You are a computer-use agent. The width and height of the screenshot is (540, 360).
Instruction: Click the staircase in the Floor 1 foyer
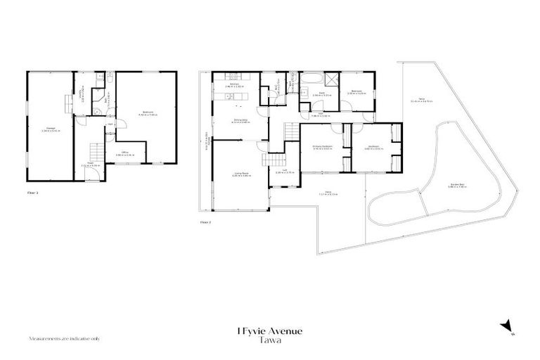pos(93,150)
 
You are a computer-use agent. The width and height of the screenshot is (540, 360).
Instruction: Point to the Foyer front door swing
pos(90,173)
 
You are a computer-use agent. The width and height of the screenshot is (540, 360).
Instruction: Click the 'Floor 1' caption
pos(32,191)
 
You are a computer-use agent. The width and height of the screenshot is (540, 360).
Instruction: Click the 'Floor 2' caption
pos(205,221)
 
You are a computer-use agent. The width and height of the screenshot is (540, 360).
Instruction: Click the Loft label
pos(280,170)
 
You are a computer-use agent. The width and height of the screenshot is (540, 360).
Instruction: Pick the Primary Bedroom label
pos(322,147)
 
